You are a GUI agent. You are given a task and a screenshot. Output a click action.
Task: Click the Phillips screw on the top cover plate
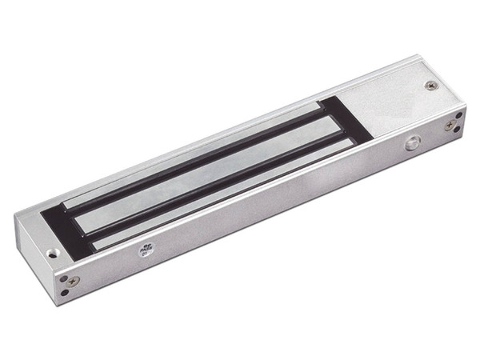coord(431,86)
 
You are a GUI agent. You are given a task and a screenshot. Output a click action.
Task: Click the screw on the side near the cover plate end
coord(450,125)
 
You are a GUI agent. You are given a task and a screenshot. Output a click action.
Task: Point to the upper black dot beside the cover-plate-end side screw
coord(458,114)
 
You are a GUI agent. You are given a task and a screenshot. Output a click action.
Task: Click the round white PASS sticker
coord(145,249)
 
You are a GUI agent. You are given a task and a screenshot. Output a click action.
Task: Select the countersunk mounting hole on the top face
coord(53,254)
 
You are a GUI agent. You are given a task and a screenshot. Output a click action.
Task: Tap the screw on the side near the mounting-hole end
coord(73,282)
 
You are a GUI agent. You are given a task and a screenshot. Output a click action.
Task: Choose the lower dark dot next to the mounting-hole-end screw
coord(65,293)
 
